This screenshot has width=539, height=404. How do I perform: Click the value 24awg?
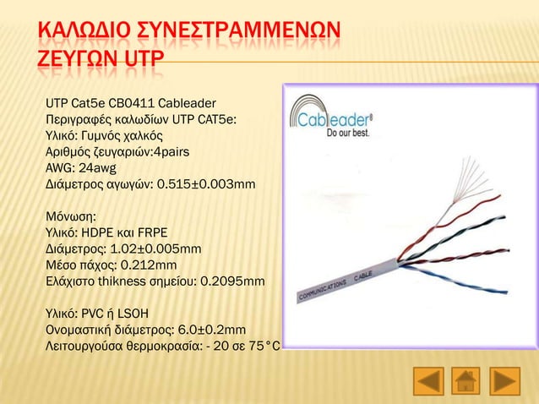[104, 167]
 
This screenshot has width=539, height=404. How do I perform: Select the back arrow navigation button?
[427, 380]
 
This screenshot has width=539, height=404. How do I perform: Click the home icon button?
[466, 380]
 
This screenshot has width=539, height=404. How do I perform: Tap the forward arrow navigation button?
[505, 380]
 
